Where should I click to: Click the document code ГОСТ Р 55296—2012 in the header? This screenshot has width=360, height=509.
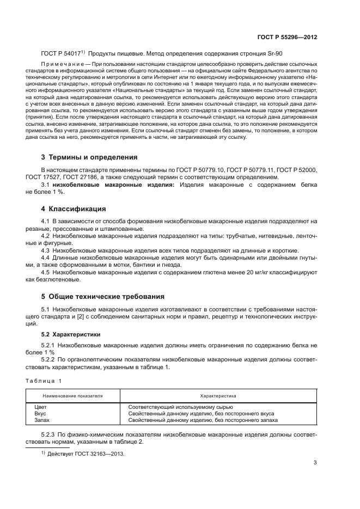[x=288, y=38]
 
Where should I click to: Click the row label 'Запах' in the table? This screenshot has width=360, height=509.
[x=42, y=420]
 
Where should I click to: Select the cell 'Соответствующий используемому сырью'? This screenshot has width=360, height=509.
[x=180, y=407]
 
